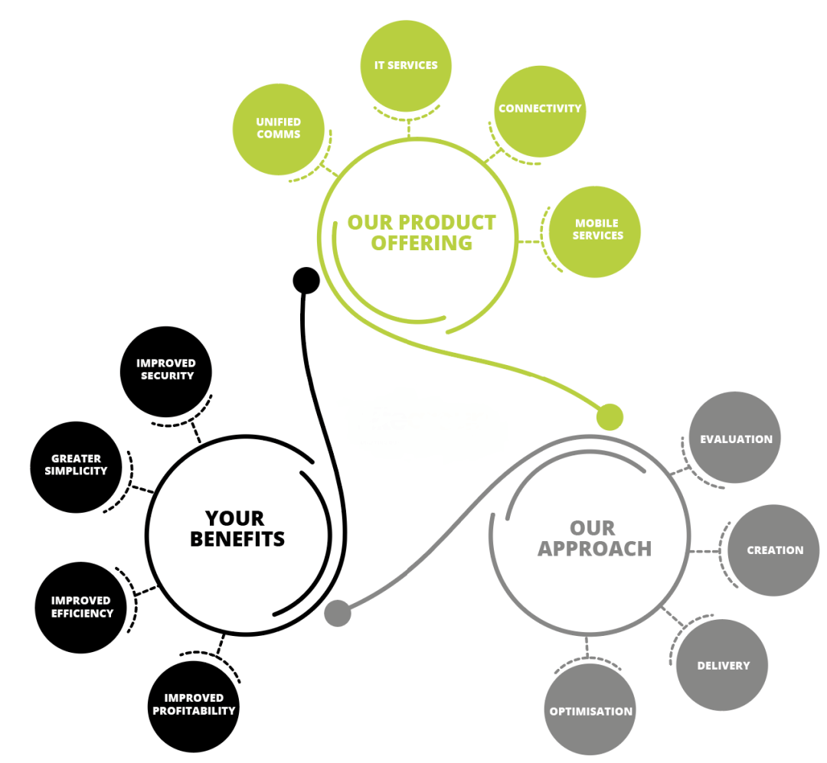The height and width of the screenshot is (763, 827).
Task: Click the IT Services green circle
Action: click(x=406, y=66)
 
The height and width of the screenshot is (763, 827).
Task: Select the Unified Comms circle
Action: click(x=278, y=129)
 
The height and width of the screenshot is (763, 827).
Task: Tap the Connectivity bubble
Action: click(x=540, y=109)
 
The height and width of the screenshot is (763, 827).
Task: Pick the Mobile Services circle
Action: click(x=595, y=230)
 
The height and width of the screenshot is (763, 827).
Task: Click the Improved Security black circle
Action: click(x=166, y=371)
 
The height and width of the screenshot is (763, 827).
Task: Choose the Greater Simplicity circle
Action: click(x=76, y=466)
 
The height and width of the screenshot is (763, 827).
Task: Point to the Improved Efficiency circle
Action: click(x=81, y=607)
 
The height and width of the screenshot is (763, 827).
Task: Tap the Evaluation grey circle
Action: click(x=735, y=438)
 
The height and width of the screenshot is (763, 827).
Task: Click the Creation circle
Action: click(x=773, y=550)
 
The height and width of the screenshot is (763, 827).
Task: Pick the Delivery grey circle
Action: click(x=722, y=665)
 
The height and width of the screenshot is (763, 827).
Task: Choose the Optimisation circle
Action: click(x=590, y=710)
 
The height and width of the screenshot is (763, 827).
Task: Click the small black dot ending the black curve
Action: click(x=306, y=280)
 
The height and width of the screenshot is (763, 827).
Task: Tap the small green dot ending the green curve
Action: click(x=610, y=417)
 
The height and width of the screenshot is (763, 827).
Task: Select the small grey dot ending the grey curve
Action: click(x=338, y=613)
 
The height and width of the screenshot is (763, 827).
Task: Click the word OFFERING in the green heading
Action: click(x=420, y=243)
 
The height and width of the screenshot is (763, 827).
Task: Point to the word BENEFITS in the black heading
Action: click(x=237, y=539)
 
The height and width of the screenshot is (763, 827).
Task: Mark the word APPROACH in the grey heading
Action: click(x=594, y=549)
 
